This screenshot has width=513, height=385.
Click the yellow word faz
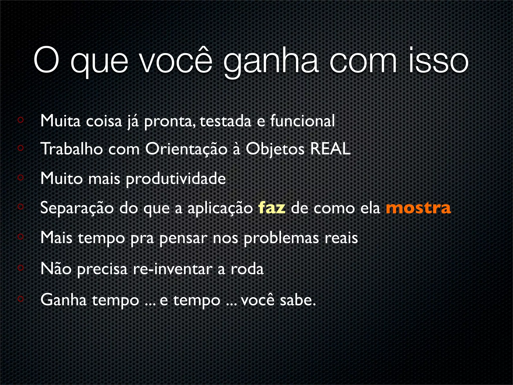click(x=272, y=208)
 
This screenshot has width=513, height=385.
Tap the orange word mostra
click(x=418, y=208)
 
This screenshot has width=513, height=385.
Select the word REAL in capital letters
click(x=330, y=149)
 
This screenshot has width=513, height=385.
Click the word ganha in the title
click(x=271, y=61)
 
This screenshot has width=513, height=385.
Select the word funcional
click(x=302, y=121)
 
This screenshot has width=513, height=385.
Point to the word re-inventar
click(x=173, y=269)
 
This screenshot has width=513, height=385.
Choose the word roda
click(x=247, y=269)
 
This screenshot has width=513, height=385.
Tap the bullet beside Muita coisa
click(x=21, y=120)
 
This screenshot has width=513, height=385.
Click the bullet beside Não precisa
click(x=21, y=268)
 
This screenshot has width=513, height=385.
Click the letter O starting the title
click(x=46, y=60)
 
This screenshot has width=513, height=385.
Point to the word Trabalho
click(x=72, y=149)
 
